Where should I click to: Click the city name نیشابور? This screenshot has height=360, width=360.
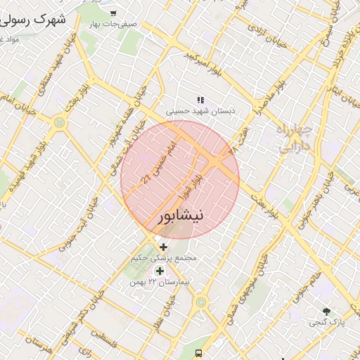pyautogui.click(x=179, y=216)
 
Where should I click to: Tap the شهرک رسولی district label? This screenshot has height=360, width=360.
pyautogui.click(x=35, y=19)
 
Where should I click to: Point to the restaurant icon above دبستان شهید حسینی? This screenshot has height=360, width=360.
pyautogui.click(x=200, y=100)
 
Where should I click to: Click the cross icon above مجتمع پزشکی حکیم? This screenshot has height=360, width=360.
pyautogui.click(x=164, y=247)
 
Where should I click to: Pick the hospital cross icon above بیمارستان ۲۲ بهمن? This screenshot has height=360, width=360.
pyautogui.click(x=160, y=271)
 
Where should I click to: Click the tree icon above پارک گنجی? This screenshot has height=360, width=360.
pyautogui.click(x=326, y=311)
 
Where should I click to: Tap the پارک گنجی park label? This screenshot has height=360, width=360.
pyautogui.click(x=326, y=322)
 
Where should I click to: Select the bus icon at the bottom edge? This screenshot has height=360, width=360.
pyautogui.click(x=200, y=353)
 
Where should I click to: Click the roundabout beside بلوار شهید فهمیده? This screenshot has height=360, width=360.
pyautogui.click(x=57, y=123)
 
